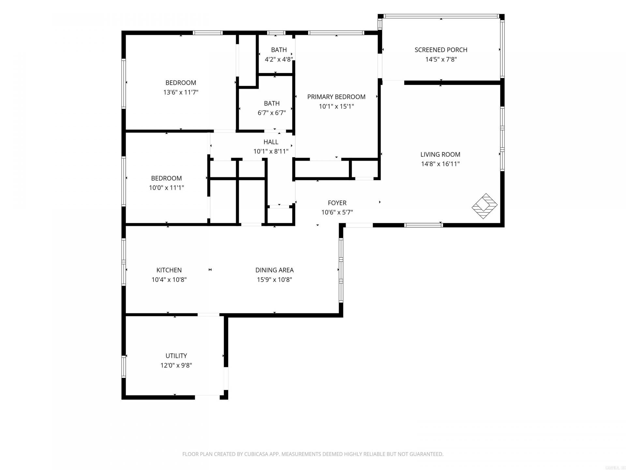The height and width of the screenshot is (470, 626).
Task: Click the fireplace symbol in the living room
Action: coord(484,206)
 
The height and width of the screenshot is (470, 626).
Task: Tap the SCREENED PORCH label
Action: coord(441,50)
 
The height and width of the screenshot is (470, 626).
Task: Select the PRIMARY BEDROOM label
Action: coord(336,97)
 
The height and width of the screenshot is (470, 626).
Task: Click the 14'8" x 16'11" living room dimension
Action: coord(440,164)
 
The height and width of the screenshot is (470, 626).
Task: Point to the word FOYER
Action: coord(337,203)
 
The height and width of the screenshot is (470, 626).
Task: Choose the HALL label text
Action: coord(271,142)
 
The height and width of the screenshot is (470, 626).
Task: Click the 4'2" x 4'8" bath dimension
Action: coord(279,59)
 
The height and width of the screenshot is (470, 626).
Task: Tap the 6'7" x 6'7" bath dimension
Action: coord(272,113)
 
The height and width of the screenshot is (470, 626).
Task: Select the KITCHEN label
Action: coord(169,270)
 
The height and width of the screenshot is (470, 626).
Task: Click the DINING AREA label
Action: coord(274,270)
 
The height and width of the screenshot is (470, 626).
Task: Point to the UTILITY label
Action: coord(176,356)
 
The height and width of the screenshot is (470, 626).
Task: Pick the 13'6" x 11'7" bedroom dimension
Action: coord(181,92)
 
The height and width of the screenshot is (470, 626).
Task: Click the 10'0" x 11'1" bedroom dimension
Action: coord(166,188)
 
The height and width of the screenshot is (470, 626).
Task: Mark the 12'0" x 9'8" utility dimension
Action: coord(176,365)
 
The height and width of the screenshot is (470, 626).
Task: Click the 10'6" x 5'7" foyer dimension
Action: coord(337,212)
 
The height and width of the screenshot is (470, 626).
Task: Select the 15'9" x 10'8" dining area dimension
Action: coord(274,280)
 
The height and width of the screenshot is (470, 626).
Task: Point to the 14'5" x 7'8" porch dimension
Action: coord(441,59)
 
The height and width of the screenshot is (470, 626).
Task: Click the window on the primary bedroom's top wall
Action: coord(336,33)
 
